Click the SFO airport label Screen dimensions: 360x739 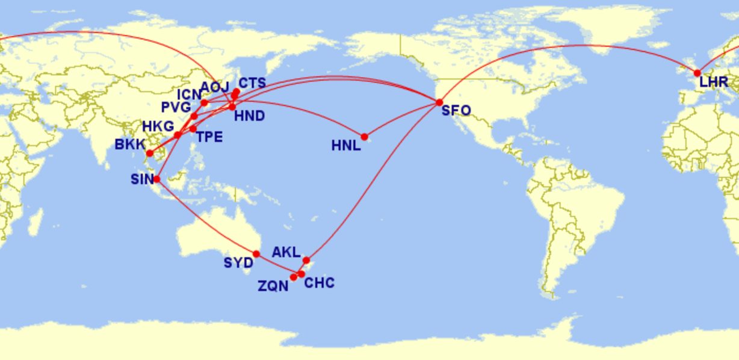[456, 111]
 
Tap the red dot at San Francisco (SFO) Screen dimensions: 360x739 [439, 102]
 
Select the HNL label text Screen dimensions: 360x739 [346, 145]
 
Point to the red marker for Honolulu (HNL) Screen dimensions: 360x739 [364, 137]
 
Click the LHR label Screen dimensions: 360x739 [714, 82]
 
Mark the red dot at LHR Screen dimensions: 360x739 [697, 73]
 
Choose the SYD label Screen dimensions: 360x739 [238, 263]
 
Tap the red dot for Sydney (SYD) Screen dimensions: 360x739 [256, 254]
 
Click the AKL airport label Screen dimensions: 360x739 [286, 252]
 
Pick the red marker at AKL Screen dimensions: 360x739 [306, 260]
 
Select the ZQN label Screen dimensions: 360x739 [273, 287]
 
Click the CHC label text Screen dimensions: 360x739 [319, 283]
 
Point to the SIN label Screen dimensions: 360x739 [143, 179]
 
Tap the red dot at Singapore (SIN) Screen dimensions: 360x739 [156, 179]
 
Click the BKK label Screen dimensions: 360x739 [131, 145]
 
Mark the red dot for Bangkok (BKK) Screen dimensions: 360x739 [149, 153]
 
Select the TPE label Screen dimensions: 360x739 [209, 137]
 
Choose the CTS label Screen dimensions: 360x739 [252, 83]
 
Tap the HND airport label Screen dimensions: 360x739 [249, 116]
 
